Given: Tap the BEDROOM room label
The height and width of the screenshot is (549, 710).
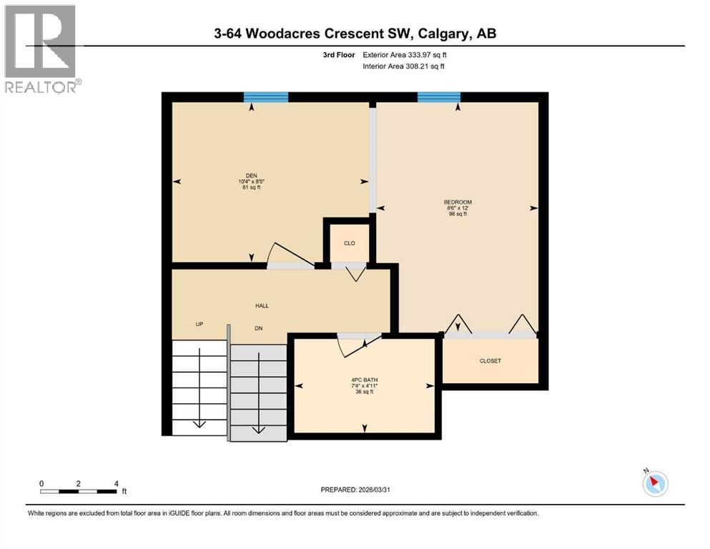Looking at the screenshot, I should [458, 202].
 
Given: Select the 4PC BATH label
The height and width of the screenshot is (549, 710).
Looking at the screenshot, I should [365, 379].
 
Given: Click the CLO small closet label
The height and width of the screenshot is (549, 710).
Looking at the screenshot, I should [349, 244].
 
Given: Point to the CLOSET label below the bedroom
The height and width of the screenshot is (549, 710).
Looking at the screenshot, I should [490, 361].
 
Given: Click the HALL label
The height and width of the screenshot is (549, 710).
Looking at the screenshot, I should [262, 306].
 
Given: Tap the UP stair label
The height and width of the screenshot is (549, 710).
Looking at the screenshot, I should [200, 325].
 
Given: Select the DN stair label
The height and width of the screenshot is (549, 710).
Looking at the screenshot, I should [260, 328].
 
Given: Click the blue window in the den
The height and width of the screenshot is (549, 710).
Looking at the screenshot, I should [266, 97].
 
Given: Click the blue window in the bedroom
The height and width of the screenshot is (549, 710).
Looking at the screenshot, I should [439, 97].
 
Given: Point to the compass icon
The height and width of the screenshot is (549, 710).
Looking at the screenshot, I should [655, 484].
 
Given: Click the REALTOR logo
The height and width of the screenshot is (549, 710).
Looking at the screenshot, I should [41, 49].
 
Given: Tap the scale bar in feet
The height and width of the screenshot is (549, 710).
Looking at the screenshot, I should [79, 491].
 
